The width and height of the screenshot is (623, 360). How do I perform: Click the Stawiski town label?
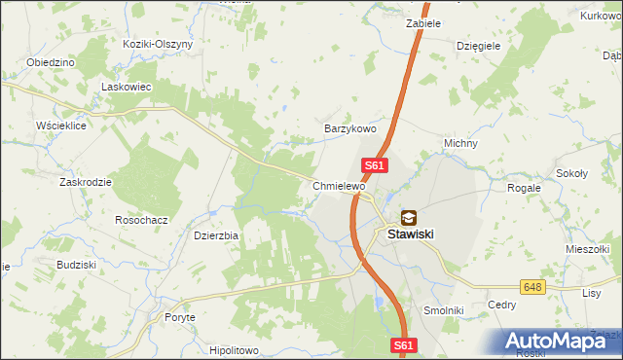point(410,234)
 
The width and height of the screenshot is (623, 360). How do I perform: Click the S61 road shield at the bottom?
point(406,344)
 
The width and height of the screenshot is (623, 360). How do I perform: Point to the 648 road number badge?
point(531,287)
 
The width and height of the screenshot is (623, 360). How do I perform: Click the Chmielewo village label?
point(339,185)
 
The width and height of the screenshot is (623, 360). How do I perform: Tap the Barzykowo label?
point(349,128)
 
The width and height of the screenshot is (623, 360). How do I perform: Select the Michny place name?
point(460,143)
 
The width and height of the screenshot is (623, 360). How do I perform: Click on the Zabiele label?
point(423,23)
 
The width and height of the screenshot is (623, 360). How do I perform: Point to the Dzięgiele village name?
point(478,45)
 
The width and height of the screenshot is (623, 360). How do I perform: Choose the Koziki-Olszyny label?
point(158,44)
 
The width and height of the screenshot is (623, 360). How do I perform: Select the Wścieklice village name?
point(61,126)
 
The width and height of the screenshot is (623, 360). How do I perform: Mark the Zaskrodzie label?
point(86,182)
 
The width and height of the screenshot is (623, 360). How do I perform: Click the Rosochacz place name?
point(141,220)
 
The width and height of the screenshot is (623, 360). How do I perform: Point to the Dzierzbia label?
point(216,234)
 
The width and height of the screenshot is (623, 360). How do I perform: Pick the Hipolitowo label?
point(234,349)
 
